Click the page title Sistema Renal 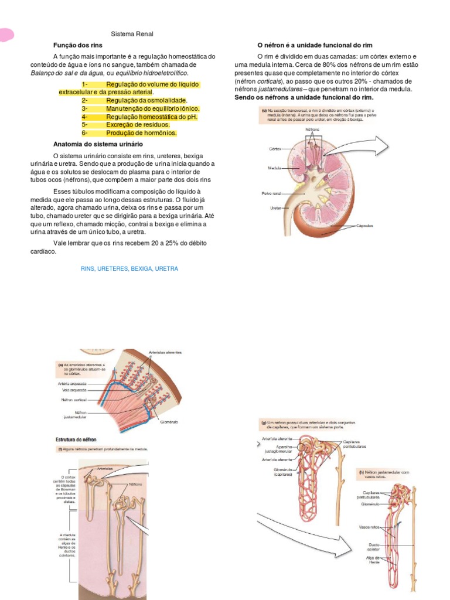tap(132, 34)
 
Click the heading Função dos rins tap(77, 45)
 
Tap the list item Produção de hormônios tap(141, 133)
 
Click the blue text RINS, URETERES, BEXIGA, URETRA tap(129, 268)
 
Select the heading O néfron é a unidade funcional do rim tap(315, 45)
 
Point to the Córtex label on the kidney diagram tap(275, 149)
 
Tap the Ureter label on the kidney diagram tap(275, 207)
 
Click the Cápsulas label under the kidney tap(365, 226)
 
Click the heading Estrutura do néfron tap(76, 439)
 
